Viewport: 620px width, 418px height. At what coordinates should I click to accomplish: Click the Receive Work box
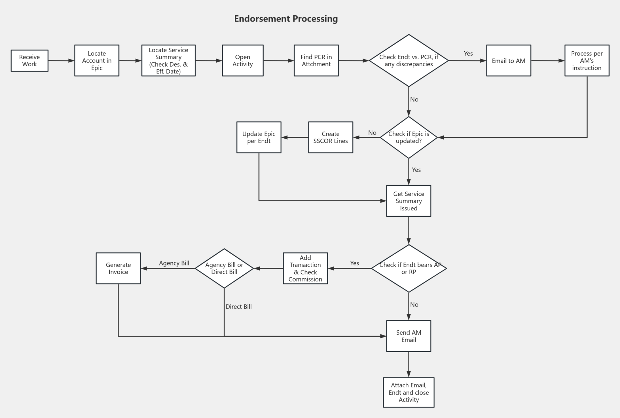pyautogui.click(x=29, y=61)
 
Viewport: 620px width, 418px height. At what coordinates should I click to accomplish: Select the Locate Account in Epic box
pyautogui.click(x=96, y=61)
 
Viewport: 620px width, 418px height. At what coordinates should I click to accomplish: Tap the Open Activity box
pyautogui.click(x=242, y=61)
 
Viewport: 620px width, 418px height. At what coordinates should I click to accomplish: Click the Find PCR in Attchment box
pyautogui.click(x=316, y=61)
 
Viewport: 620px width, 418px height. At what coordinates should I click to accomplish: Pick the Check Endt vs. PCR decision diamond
pyautogui.click(x=409, y=61)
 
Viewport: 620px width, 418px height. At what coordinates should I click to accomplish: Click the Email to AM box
pyautogui.click(x=508, y=61)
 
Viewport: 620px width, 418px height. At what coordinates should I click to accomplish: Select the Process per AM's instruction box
pyautogui.click(x=587, y=61)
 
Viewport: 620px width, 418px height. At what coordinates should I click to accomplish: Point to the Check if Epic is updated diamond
pyautogui.click(x=409, y=138)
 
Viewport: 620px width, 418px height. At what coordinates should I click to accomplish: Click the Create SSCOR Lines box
pyautogui.click(x=330, y=137)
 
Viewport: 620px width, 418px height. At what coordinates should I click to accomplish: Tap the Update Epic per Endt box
pyautogui.click(x=258, y=137)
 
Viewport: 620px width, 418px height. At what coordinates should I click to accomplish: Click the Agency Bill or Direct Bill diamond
pyautogui.click(x=224, y=269)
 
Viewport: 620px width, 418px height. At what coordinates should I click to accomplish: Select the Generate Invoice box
pyautogui.click(x=118, y=269)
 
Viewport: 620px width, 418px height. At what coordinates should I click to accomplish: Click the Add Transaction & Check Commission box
pyautogui.click(x=305, y=269)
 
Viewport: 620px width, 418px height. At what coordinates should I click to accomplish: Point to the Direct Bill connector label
pyautogui.click(x=238, y=307)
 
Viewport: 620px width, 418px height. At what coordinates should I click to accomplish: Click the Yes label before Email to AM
pyautogui.click(x=468, y=54)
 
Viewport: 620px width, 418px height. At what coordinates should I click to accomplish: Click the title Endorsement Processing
pyautogui.click(x=286, y=19)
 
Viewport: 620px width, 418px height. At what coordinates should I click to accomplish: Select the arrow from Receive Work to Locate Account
pyautogui.click(x=61, y=61)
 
